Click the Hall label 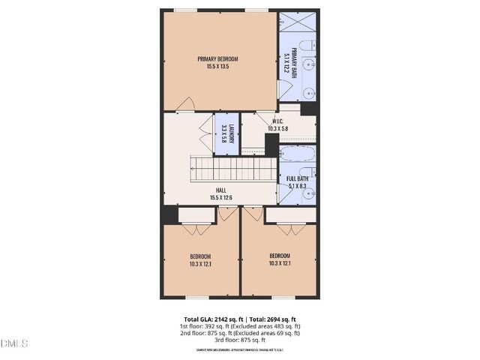[x=221, y=190]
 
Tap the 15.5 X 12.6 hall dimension [x=221, y=198]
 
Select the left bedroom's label [x=199, y=256]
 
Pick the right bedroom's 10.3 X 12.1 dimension [x=280, y=263]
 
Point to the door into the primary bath [x=283, y=90]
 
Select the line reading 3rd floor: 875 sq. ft [x=240, y=340]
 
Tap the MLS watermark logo [x=15, y=343]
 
